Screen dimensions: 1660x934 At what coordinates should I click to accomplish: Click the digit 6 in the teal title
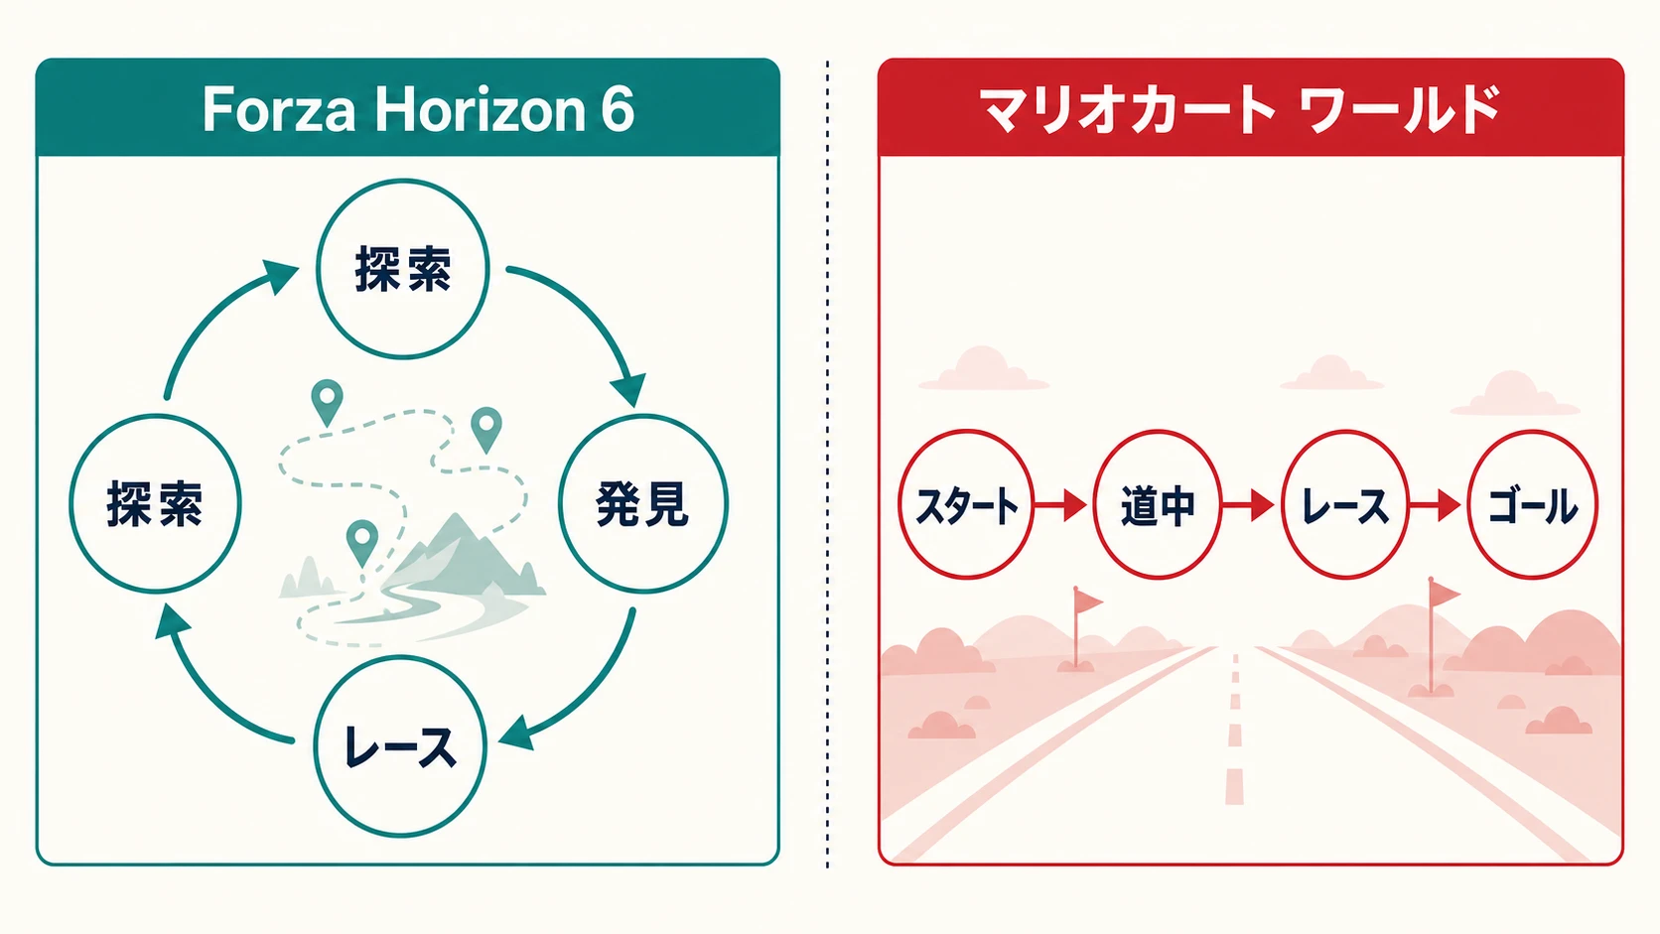click(617, 109)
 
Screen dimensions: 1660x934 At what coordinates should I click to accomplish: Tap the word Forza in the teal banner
click(279, 109)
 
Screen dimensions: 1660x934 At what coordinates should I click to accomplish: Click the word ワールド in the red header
click(1401, 109)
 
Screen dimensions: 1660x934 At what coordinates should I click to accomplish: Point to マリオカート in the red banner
click(1128, 109)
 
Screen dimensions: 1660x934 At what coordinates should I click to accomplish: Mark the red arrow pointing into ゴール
click(1436, 505)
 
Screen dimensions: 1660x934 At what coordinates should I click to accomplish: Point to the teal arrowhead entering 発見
click(628, 390)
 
